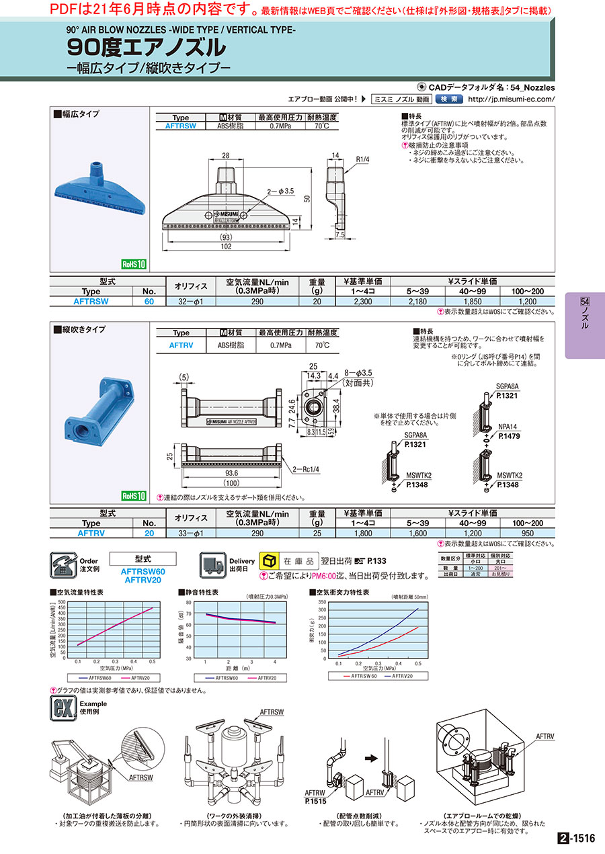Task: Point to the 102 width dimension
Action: point(226,247)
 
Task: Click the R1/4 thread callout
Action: point(362,159)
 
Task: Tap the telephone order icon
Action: point(64,564)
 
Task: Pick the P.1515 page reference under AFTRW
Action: point(314,802)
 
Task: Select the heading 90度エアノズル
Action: point(147,47)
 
